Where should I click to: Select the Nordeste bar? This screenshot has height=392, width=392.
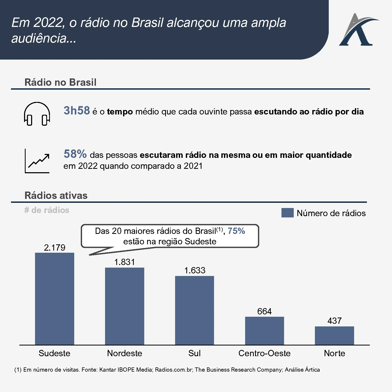coord(124,306)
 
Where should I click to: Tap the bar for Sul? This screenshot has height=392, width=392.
coord(194,310)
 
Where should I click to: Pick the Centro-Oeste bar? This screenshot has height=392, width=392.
coord(264,331)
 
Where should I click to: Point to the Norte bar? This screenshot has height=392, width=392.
coord(334,336)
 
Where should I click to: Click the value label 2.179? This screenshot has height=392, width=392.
coord(54,247)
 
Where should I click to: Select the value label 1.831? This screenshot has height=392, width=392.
coord(124,262)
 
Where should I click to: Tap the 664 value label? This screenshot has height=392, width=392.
coord(264,311)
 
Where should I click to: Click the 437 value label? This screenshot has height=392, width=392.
coord(334,321)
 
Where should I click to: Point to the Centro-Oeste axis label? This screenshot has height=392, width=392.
coord(264,353)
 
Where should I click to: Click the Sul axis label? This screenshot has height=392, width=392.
coord(194,353)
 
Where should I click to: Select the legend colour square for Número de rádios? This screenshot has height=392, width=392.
coord(287,213)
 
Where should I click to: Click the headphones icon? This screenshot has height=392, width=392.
coord(37,114)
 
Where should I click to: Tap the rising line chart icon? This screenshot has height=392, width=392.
coord(37,161)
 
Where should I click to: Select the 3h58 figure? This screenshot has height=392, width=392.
coord(77,111)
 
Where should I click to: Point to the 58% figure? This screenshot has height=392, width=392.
coord(75,154)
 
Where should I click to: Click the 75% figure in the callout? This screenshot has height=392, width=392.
coord(236,231)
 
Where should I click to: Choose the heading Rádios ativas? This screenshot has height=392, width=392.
coord(56,195)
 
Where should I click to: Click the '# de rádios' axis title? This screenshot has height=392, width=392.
coord(47,210)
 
